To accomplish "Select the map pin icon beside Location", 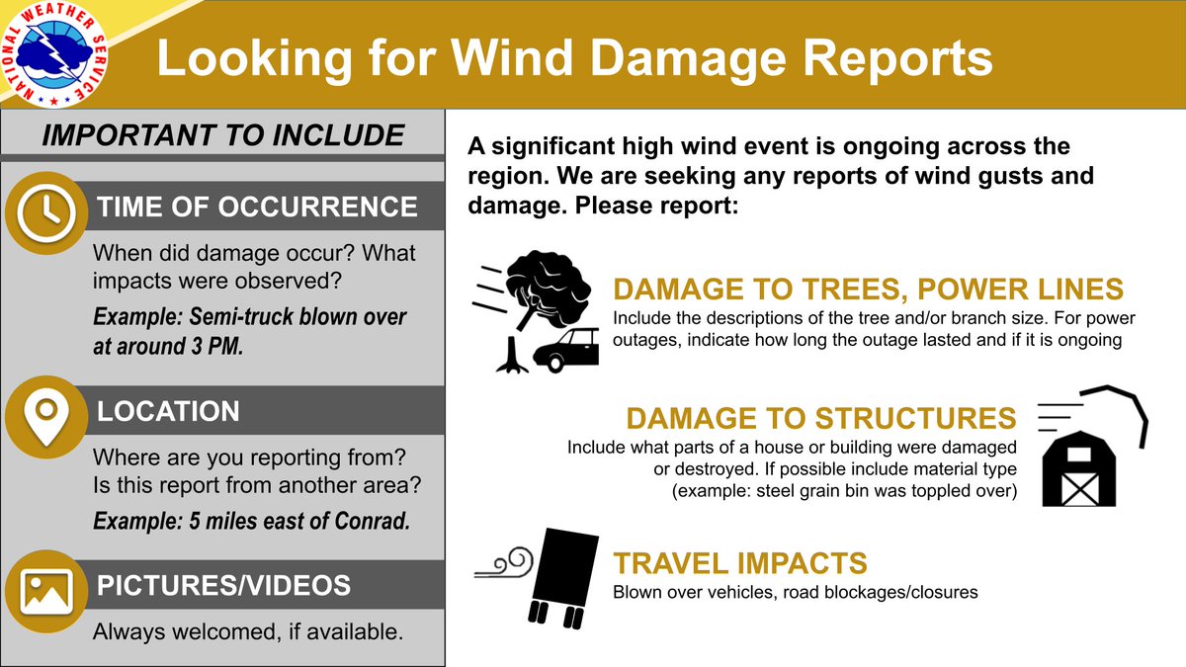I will point(44,413).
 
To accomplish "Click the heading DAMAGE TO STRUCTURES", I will point(820,418).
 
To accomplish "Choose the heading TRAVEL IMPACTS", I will point(739,564).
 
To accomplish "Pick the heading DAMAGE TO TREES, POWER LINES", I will point(868,290).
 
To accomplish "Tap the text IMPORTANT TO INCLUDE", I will point(222,135).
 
